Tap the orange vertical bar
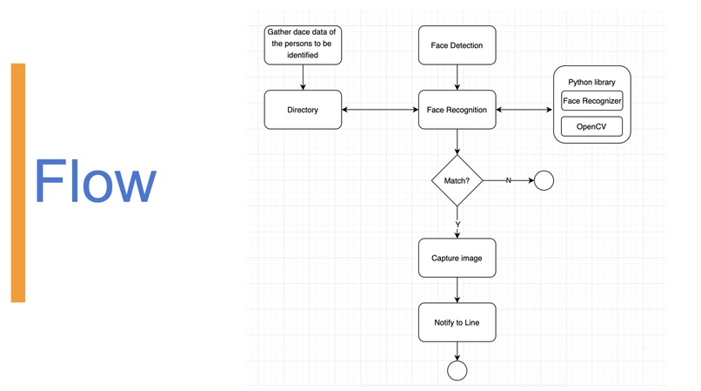click(x=18, y=183)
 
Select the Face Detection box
click(x=457, y=45)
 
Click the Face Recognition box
click(x=457, y=110)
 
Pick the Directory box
click(x=303, y=110)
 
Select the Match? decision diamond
click(x=457, y=181)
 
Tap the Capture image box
click(x=457, y=259)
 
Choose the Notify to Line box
click(x=457, y=323)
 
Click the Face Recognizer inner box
click(x=592, y=101)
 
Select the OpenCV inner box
click(x=592, y=127)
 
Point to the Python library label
click(x=592, y=81)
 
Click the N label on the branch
click(x=508, y=180)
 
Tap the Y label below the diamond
click(x=457, y=224)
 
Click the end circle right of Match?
click(x=544, y=181)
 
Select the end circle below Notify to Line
click(x=457, y=371)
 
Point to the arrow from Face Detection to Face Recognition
click(x=457, y=78)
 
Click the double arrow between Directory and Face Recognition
click(x=380, y=110)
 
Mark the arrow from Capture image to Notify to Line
click(x=457, y=291)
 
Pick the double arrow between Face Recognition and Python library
click(x=524, y=110)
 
